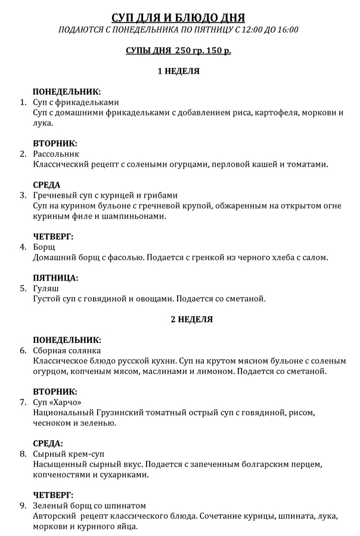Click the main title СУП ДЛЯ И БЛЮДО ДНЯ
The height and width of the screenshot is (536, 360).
(x=179, y=17)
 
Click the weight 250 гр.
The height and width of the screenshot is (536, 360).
(x=188, y=51)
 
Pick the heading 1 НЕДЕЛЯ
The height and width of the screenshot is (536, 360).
(x=179, y=71)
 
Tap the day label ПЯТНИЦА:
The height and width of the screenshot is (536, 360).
(x=55, y=278)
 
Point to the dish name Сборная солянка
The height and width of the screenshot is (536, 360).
(x=67, y=350)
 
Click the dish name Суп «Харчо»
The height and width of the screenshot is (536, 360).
(x=57, y=402)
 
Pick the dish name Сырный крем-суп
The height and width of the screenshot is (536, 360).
(x=70, y=454)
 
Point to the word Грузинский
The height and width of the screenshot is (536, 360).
(x=123, y=412)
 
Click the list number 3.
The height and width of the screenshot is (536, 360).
(x=23, y=195)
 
